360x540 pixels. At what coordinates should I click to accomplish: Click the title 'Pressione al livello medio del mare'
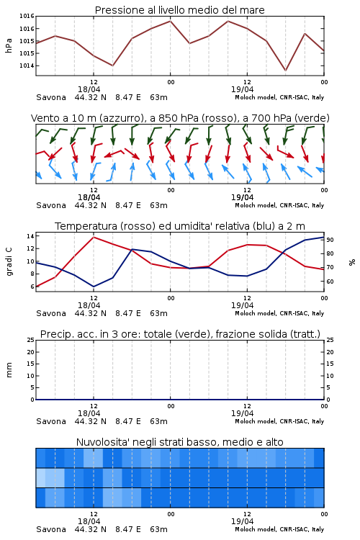(x=179, y=10)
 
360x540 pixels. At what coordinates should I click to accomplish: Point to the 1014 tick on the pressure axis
(x=27, y=66)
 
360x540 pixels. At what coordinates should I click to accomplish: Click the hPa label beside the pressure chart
(x=9, y=45)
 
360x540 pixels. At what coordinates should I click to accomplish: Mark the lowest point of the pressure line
(x=285, y=71)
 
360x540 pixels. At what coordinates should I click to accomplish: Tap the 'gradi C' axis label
(x=9, y=261)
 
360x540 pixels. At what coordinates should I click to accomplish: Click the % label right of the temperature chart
(x=352, y=262)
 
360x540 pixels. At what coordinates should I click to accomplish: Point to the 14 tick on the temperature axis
(x=30, y=236)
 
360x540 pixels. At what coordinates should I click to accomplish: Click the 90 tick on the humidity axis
(x=330, y=240)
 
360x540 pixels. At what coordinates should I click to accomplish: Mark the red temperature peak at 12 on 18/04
(x=94, y=237)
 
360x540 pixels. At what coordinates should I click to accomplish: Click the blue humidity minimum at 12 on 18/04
(x=94, y=287)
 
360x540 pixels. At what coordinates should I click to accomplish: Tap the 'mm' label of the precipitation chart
(x=9, y=369)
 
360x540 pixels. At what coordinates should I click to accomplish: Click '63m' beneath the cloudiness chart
(x=158, y=529)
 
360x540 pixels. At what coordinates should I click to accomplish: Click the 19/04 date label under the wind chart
(x=242, y=198)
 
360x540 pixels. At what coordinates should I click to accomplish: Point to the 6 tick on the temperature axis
(x=32, y=287)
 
